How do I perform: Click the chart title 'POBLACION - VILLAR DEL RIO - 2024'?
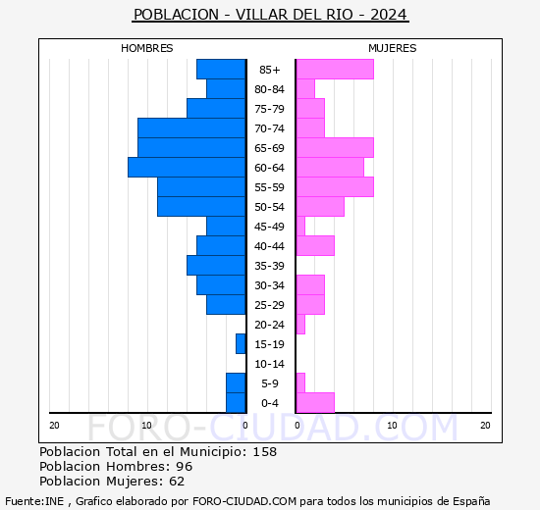[270, 15]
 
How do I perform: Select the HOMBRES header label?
[147, 48]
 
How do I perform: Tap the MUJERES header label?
[393, 48]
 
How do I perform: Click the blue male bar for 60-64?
[187, 168]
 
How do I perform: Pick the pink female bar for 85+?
[334, 70]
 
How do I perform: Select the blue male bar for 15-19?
[241, 344]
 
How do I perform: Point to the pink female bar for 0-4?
[314, 403]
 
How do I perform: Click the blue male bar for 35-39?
[216, 266]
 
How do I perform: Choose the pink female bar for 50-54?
[319, 207]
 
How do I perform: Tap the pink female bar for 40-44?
[314, 246]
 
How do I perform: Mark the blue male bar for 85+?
[221, 70]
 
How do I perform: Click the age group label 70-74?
[270, 128]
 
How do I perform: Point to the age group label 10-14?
[270, 364]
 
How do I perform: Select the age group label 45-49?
[270, 227]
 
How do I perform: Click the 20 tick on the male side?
[55, 425]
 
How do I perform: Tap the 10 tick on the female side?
[391, 425]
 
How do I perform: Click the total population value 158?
[264, 452]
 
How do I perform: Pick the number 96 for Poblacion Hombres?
[184, 467]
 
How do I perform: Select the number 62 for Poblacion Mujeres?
[176, 482]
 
